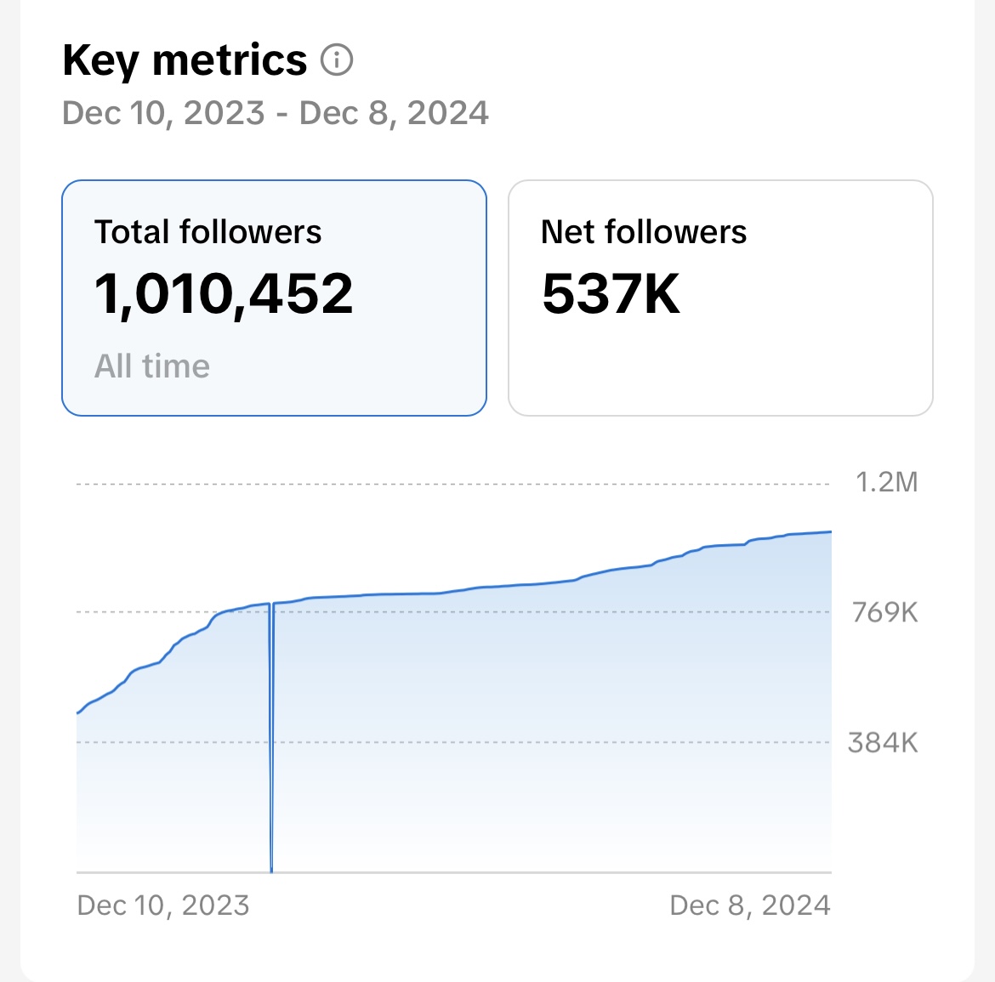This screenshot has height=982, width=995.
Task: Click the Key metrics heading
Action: (x=185, y=60)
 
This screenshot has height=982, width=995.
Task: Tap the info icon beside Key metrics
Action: (x=337, y=60)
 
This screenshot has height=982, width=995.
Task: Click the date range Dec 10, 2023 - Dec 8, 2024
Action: (x=276, y=113)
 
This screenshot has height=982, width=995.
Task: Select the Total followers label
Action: (x=208, y=232)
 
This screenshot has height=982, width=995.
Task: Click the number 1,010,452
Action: (x=224, y=294)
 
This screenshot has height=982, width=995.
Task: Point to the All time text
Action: (x=152, y=366)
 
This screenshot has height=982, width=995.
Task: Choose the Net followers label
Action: (x=644, y=232)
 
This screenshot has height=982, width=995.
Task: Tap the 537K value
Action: (x=611, y=294)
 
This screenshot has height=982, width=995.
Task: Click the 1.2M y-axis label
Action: (x=886, y=483)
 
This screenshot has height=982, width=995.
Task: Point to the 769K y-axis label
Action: (x=885, y=612)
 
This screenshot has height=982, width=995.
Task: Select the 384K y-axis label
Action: (x=884, y=743)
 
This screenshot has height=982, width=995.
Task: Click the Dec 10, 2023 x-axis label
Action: (x=163, y=905)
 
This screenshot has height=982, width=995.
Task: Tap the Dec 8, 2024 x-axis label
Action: (x=750, y=905)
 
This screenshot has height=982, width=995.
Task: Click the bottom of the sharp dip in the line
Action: (x=271, y=870)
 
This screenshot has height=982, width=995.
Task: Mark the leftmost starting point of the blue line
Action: (x=77, y=713)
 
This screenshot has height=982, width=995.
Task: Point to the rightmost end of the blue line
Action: (x=831, y=532)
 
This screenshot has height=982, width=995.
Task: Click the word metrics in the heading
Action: (x=230, y=60)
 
